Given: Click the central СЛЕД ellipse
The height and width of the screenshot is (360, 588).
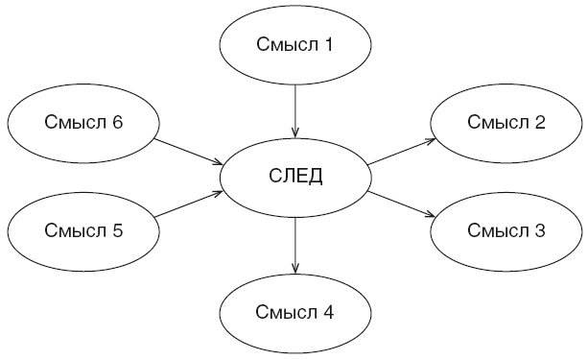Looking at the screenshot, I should click(x=295, y=176).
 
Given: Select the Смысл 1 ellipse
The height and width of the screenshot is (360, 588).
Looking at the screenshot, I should click(x=295, y=44).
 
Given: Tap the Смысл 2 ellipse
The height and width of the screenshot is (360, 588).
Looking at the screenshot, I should click(x=506, y=122).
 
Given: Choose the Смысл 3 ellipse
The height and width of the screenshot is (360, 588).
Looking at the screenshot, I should click(x=506, y=230).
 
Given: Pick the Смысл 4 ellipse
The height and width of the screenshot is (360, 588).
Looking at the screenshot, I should click(x=295, y=313).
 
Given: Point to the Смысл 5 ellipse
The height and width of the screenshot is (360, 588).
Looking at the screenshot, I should click(x=83, y=230).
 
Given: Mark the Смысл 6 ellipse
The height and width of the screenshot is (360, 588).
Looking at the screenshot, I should click(x=83, y=122).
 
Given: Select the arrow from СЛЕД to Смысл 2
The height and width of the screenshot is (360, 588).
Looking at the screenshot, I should click(x=402, y=151).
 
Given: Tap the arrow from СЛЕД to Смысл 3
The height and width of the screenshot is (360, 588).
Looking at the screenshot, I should click(x=402, y=204).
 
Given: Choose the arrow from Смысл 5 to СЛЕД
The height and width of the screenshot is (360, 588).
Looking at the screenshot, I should click(x=189, y=204).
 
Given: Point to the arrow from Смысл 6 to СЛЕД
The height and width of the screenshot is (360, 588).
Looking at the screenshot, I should click(x=189, y=151).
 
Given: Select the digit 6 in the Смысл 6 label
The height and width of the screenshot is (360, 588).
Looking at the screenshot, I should click(x=117, y=122).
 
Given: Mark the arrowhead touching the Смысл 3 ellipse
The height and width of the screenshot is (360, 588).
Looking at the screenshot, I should click(x=430, y=215).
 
